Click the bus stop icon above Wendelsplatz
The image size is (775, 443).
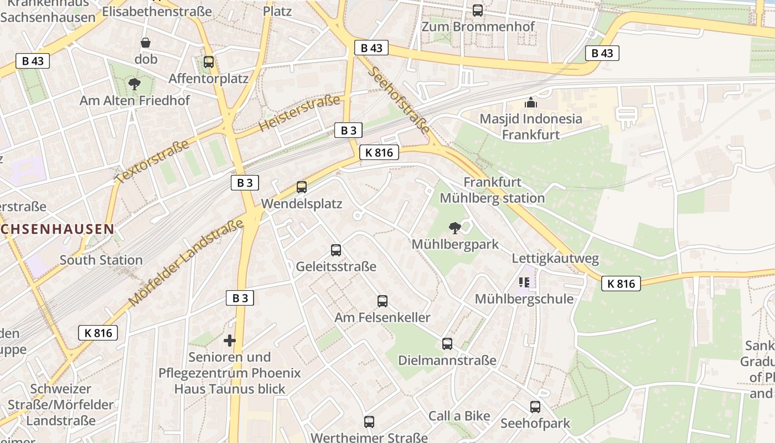pyautogui.click(x=302, y=187)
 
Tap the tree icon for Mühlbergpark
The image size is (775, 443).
pyautogui.click(x=455, y=228)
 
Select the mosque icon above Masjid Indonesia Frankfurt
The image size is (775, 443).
pyautogui.click(x=531, y=102)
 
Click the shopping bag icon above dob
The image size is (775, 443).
pyautogui.click(x=146, y=43)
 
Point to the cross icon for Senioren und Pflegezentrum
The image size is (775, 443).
pyautogui.click(x=230, y=340)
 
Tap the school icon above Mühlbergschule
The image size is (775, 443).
pyautogui.click(x=524, y=282)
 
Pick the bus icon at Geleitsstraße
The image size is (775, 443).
pyautogui.click(x=336, y=250)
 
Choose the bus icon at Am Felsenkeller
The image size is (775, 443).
pyautogui.click(x=383, y=301)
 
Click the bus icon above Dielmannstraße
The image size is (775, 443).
pyautogui.click(x=447, y=344)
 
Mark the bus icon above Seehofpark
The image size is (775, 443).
pyautogui.click(x=535, y=407)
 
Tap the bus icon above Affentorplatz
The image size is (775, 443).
pyautogui.click(x=209, y=62)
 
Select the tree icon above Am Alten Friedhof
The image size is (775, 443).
pyautogui.click(x=134, y=84)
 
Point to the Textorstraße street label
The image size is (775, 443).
pyautogui.click(x=152, y=161)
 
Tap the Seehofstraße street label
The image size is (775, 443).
pyautogui.click(x=398, y=100)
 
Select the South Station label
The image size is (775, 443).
pyautogui.click(x=101, y=260)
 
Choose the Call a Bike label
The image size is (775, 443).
pyautogui.click(x=459, y=416)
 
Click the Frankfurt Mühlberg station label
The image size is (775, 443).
pyautogui.click(x=492, y=190)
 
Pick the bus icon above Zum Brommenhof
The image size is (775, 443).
pyautogui.click(x=478, y=10)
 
